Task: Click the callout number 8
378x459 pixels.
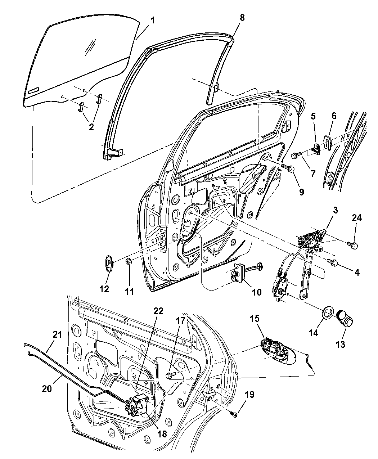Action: [x=242, y=18]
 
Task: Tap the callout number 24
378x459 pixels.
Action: [x=356, y=219]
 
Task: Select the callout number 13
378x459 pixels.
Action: [x=340, y=344]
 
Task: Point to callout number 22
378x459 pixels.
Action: [x=158, y=311]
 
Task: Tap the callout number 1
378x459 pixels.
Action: [x=153, y=21]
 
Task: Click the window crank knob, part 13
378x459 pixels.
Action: [x=345, y=319]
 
